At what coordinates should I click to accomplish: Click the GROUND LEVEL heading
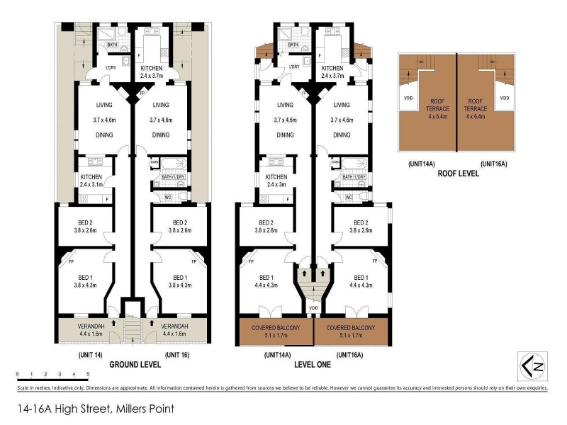coord(135,365)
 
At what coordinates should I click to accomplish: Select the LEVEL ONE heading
coord(315,365)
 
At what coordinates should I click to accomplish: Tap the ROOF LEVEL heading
coord(458,172)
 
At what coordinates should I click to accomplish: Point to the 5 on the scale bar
coord(88,373)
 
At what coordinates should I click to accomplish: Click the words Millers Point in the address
coord(145,409)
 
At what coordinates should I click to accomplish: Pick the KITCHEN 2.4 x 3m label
coord(276,181)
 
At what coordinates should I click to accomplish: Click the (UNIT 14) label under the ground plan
coord(91,353)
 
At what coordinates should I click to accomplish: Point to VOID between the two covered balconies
coord(313,309)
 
